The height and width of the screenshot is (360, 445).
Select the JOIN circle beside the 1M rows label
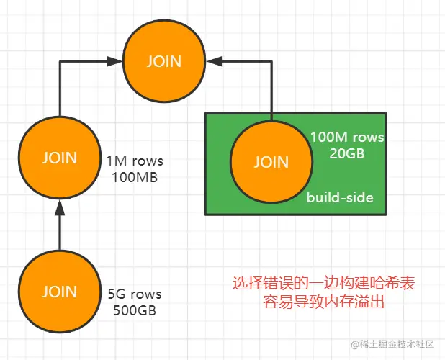59,157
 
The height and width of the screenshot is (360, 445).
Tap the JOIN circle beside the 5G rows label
59,292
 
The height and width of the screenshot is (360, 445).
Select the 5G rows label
135,294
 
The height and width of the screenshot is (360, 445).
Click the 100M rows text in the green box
347,137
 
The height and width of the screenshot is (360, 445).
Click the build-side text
341,197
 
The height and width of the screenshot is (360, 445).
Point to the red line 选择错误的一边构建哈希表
323,284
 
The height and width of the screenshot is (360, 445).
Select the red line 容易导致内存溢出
323,302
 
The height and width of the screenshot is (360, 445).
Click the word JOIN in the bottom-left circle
59,292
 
